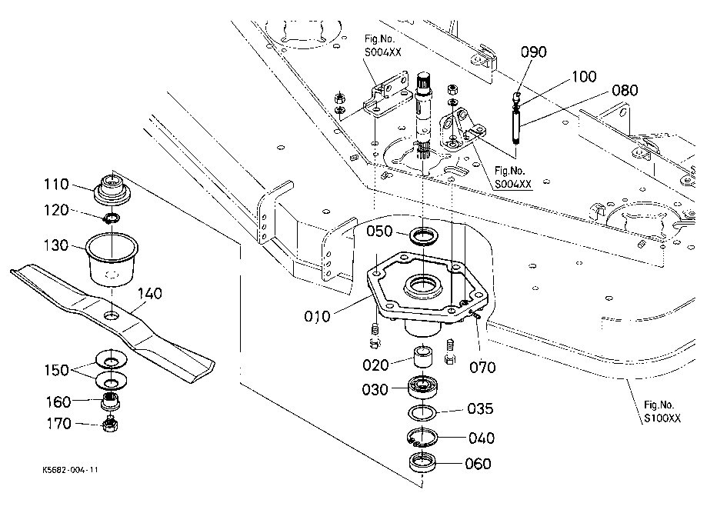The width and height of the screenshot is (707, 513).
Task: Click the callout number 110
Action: [56, 185]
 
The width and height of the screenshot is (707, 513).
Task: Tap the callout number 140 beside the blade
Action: [150, 294]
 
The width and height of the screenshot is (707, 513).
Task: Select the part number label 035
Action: [480, 409]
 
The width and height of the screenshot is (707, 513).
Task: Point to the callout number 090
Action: [534, 52]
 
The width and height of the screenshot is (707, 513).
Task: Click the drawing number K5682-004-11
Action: [70, 470]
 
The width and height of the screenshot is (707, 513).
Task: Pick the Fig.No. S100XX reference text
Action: [662, 411]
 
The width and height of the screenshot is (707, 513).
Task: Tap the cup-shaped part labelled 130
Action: [112, 259]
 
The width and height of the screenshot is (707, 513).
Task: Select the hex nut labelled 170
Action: [111, 425]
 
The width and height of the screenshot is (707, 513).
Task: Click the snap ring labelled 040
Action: [422, 438]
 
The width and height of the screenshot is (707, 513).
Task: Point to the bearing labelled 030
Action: [422, 387]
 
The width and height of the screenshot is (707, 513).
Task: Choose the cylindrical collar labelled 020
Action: [424, 356]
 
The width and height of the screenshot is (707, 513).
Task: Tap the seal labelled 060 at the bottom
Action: [422, 463]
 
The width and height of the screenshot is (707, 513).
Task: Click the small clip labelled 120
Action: [111, 218]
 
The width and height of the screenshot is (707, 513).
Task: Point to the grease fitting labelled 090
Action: [517, 98]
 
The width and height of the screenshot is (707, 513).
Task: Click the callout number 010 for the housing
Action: [318, 316]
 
